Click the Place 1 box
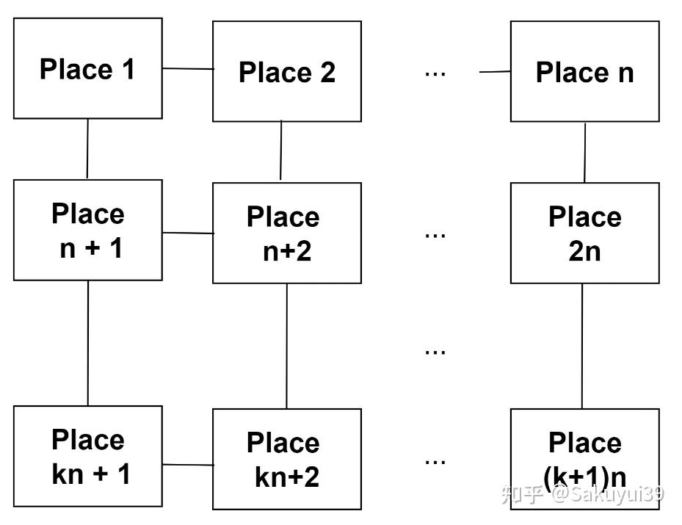[x=88, y=68]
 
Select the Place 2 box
[x=287, y=71]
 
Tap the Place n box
[x=584, y=71]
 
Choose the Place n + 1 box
[x=88, y=230]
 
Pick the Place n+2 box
[x=287, y=233]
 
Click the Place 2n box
[x=584, y=233]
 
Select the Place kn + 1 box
[x=88, y=456]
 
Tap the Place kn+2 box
[x=287, y=459]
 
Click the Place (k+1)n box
[x=584, y=459]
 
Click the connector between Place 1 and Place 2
[x=188, y=69]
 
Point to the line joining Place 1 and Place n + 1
[x=87, y=149]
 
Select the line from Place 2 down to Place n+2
[x=281, y=151]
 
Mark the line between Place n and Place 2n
[x=585, y=152]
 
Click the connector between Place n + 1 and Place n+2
[x=188, y=233]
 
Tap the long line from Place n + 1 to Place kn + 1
[x=88, y=343]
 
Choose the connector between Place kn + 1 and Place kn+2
[x=188, y=464]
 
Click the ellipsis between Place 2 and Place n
[x=435, y=73]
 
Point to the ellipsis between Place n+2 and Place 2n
[x=435, y=235]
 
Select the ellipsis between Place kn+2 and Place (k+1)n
[x=435, y=462]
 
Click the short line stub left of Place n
[x=496, y=72]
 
